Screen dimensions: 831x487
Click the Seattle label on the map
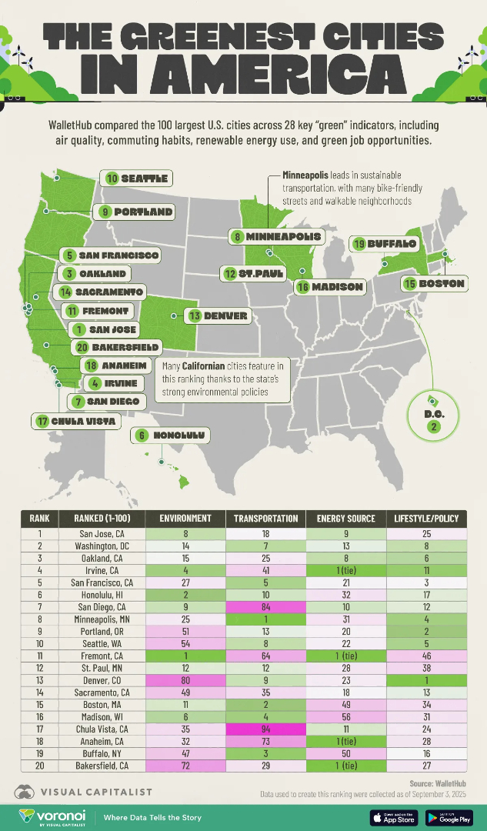[137, 179]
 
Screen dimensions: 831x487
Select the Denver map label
[218, 315]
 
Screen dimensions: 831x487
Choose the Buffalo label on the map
[385, 244]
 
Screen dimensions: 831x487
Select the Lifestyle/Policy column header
[425, 519]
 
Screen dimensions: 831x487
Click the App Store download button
[393, 816]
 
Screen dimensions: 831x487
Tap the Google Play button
[449, 816]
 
